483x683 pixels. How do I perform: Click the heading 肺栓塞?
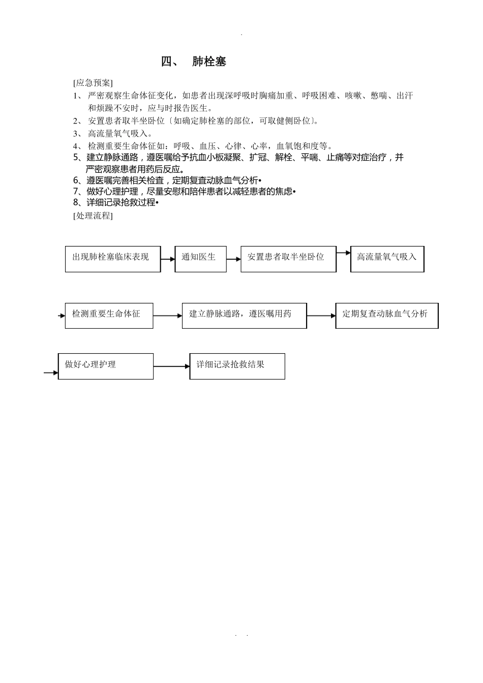point(209,62)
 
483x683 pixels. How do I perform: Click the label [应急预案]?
point(93,83)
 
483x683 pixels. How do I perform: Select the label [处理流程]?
point(93,215)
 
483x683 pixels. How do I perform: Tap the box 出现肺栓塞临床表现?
point(113,259)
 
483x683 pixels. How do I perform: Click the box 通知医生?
point(200,259)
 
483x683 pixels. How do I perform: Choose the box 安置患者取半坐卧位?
point(288,259)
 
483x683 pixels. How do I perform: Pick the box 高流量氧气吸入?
point(387,259)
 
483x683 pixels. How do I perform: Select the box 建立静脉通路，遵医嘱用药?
point(244,316)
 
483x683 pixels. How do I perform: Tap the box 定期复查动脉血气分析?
point(386,316)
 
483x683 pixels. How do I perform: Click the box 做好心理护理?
point(106,366)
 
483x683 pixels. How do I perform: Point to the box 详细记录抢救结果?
point(237,366)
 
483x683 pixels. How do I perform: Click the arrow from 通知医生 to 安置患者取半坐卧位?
point(233,259)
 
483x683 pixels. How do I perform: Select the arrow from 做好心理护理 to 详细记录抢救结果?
point(171,366)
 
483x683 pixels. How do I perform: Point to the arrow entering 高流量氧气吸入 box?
point(343,252)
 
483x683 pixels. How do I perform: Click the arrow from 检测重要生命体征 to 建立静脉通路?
point(167,316)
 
